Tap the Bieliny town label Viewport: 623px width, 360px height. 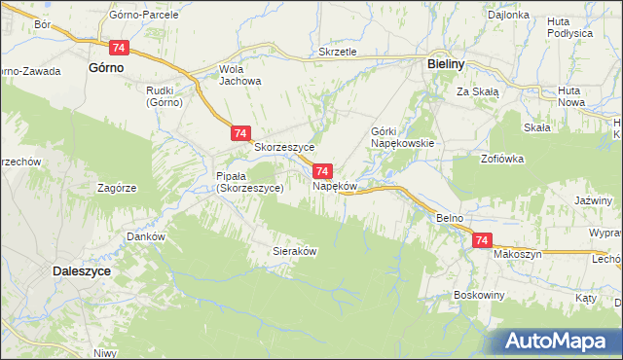(x=450, y=62)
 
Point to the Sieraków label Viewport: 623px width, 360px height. (x=295, y=250)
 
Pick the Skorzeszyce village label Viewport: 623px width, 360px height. (x=283, y=148)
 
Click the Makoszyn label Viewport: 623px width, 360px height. (x=516, y=254)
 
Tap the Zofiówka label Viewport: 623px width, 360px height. (x=502, y=157)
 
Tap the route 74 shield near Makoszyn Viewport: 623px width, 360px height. (x=481, y=240)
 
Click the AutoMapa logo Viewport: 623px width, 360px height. (x=564, y=341)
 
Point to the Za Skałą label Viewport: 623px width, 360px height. (x=478, y=91)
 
